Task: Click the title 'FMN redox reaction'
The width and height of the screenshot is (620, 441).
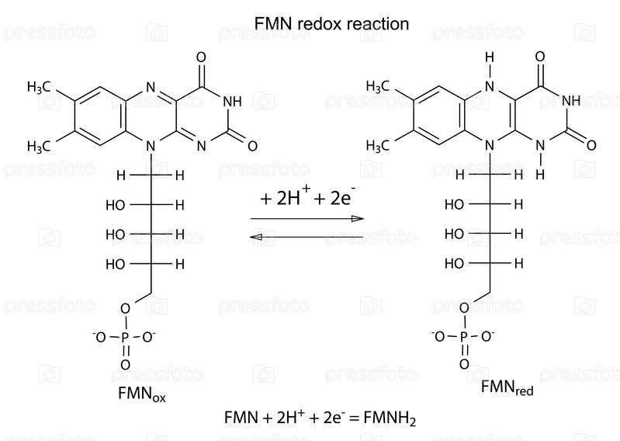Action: point(331,24)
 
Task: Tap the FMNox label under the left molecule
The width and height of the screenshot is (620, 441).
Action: point(141,394)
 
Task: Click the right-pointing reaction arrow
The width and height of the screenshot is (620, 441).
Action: point(307,219)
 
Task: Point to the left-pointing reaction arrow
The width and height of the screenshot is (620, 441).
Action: point(307,237)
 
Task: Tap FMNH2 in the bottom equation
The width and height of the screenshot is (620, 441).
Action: point(390,418)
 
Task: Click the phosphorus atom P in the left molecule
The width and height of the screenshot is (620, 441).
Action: point(126,338)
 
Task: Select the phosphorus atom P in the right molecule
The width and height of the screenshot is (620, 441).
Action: point(464,337)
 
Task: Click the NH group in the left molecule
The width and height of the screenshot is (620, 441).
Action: point(233,102)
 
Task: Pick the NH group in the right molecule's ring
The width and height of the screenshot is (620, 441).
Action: point(571,101)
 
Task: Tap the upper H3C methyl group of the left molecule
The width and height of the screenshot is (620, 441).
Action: point(39,87)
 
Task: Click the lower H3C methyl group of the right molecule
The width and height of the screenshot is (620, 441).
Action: point(378,146)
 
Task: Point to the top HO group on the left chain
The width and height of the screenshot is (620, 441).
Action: point(116,205)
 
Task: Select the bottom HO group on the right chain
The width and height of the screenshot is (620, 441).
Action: point(454,263)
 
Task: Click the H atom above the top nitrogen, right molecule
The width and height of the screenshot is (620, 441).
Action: point(490,57)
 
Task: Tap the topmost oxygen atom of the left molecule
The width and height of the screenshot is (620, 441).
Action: point(201,57)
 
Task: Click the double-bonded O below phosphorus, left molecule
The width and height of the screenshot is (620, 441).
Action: point(126,365)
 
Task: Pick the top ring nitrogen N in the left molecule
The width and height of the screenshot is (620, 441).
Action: point(151,87)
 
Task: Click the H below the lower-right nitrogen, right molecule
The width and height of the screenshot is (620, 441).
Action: point(540,174)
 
